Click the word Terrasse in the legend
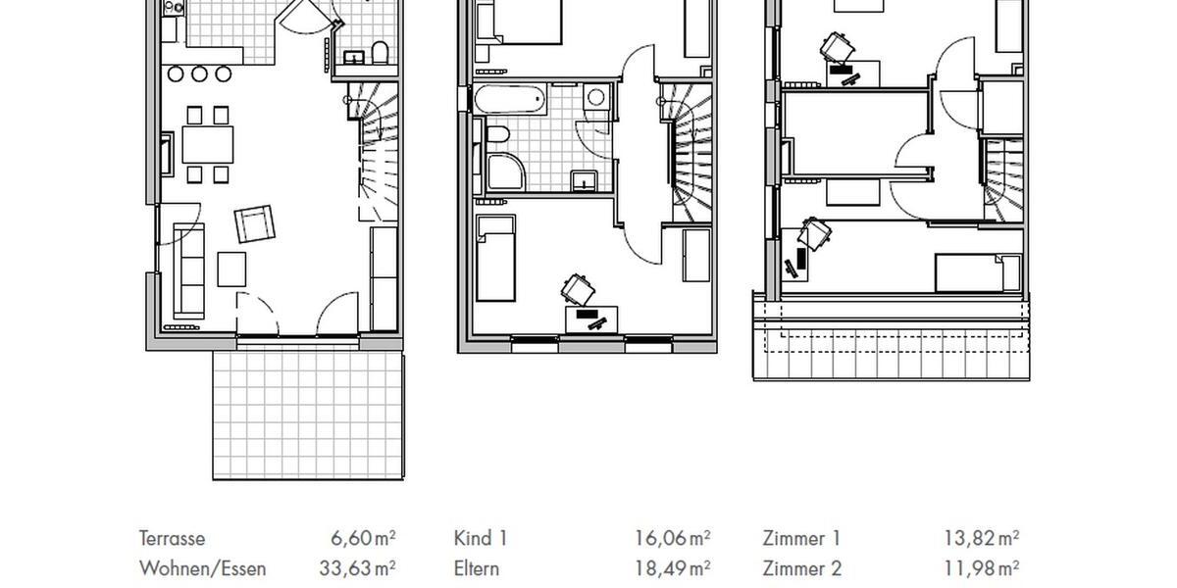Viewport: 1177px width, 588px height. coord(173,538)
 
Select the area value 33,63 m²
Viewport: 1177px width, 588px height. coord(357,568)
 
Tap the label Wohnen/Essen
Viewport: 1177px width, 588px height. coord(202,568)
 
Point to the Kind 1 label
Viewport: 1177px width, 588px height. coord(481,538)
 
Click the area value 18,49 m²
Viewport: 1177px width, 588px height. coord(672,568)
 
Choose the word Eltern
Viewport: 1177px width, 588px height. coord(477,568)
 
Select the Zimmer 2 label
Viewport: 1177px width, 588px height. coord(802,568)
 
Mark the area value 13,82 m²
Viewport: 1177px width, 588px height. coord(981,538)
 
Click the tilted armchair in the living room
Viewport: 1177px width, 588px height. coord(255,224)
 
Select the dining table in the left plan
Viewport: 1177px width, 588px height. coord(208,145)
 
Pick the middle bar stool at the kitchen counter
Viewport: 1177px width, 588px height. coord(200,73)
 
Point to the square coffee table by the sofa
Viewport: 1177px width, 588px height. coord(232,269)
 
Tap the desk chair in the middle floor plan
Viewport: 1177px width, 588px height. coord(578,287)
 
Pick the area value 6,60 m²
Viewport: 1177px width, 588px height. coord(363,538)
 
